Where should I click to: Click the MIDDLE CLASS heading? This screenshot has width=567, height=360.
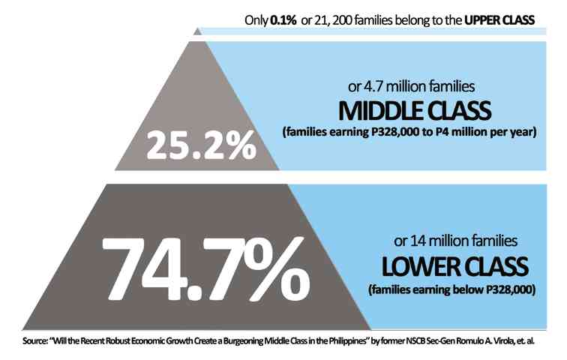pos(415,111)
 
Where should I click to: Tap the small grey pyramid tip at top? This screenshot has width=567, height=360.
pos(197,31)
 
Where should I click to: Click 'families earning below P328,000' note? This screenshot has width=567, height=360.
pos(449,289)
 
